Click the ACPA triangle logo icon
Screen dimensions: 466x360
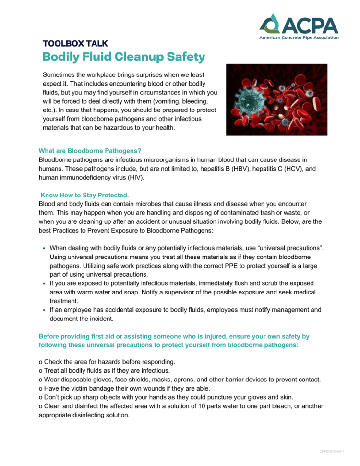pyautogui.click(x=270, y=24)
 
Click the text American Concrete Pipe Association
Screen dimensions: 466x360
pyautogui.click(x=299, y=37)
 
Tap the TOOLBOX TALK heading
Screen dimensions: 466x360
pyautogui.click(x=72, y=44)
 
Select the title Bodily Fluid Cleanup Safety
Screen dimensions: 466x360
pyautogui.click(x=124, y=57)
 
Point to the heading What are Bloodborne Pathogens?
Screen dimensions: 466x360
pyautogui.click(x=90, y=150)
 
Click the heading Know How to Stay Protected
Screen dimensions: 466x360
pyautogui.click(x=84, y=196)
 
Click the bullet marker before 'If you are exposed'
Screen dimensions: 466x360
pyautogui.click(x=45, y=284)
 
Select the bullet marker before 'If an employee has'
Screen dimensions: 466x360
pyautogui.click(x=45, y=310)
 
